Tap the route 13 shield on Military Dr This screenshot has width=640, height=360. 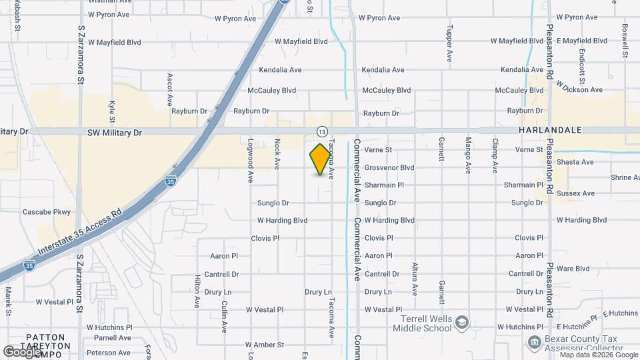point(322,131)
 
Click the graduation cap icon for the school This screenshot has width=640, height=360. point(462,323)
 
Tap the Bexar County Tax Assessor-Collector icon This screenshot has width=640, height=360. point(533,342)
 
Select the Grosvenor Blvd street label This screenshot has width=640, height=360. point(389,167)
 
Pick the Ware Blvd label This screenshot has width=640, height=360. point(573,269)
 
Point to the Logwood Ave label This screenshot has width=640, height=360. point(251,161)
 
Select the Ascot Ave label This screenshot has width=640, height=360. point(170,91)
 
